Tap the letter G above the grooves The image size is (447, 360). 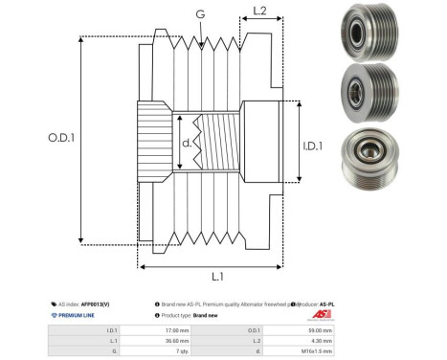point(199,14)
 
